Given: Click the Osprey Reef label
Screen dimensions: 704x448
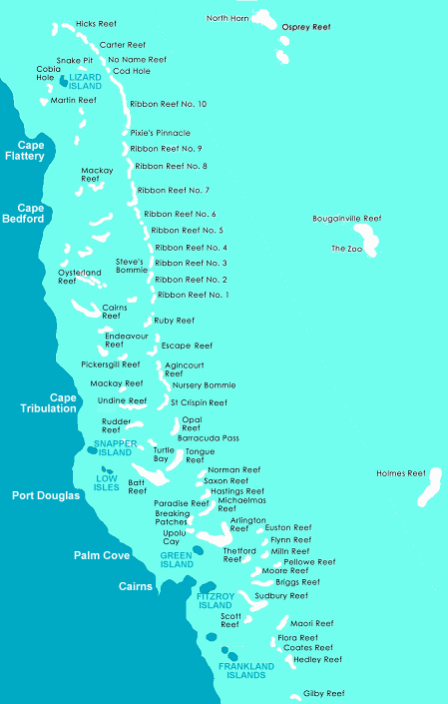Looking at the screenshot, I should pyautogui.click(x=306, y=28).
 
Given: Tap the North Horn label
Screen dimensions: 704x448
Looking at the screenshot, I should pyautogui.click(x=226, y=18).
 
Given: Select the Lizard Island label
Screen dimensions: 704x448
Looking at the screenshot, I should pyautogui.click(x=85, y=82).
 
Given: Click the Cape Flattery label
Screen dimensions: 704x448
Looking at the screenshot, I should pyautogui.click(x=24, y=151).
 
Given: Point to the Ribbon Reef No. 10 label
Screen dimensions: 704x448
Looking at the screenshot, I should pyautogui.click(x=168, y=104).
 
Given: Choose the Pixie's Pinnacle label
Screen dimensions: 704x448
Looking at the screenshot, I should pyautogui.click(x=160, y=133).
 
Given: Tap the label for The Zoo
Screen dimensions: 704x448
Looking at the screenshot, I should pyautogui.click(x=346, y=248).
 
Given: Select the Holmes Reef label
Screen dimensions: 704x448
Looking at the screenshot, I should pyautogui.click(x=400, y=473).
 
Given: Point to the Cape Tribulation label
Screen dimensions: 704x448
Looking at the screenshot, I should pyautogui.click(x=49, y=402).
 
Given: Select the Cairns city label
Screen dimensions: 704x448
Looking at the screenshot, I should pyautogui.click(x=135, y=586).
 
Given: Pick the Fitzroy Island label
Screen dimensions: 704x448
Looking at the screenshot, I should pyautogui.click(x=214, y=601).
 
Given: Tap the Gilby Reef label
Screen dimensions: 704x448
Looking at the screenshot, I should pyautogui.click(x=323, y=693).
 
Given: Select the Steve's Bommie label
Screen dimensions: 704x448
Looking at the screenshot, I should pyautogui.click(x=130, y=266).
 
